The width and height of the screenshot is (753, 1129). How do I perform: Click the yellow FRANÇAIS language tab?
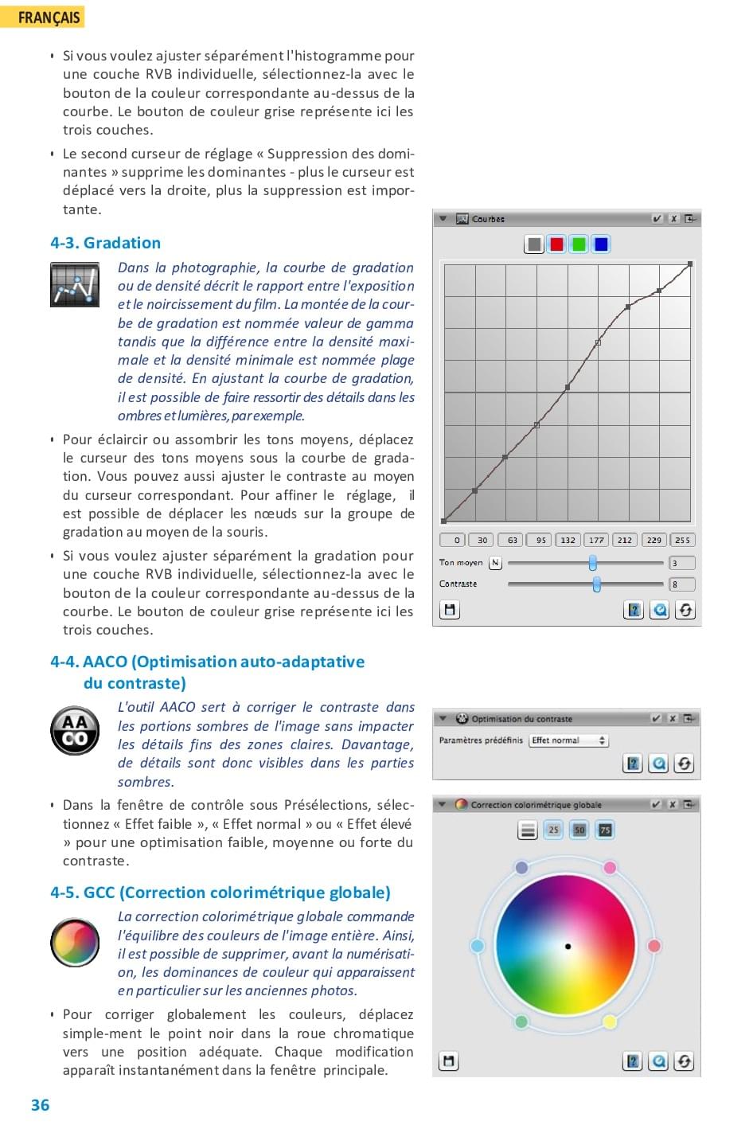click(x=43, y=17)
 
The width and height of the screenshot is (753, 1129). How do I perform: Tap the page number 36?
click(x=40, y=1105)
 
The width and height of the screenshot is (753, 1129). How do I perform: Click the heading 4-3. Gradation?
click(x=105, y=243)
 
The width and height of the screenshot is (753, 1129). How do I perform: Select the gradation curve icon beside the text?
click(x=75, y=284)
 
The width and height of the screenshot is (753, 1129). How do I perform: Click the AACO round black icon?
click(x=75, y=730)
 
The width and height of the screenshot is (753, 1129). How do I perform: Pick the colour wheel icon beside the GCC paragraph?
click(x=75, y=941)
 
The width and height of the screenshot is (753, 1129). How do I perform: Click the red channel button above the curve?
click(x=556, y=244)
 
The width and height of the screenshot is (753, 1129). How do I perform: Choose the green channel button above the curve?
click(x=579, y=244)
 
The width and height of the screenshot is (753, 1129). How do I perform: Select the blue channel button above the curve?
click(x=601, y=244)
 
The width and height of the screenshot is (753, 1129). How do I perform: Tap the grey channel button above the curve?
click(x=534, y=244)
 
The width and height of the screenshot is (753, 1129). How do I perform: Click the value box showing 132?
click(x=568, y=540)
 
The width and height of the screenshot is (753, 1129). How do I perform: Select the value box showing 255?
click(x=682, y=540)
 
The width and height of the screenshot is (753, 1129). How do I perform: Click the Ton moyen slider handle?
click(x=593, y=563)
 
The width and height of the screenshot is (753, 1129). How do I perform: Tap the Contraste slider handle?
click(x=597, y=584)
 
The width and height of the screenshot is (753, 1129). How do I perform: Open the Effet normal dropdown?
click(x=568, y=740)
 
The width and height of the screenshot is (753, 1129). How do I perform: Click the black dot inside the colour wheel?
click(x=568, y=947)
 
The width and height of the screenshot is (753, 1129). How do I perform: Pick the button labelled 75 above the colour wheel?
click(x=605, y=830)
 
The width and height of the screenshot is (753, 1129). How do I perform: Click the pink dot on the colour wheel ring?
click(x=610, y=868)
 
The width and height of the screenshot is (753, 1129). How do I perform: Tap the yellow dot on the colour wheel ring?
click(x=610, y=1022)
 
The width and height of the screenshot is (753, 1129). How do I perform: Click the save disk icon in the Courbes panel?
click(x=450, y=610)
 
